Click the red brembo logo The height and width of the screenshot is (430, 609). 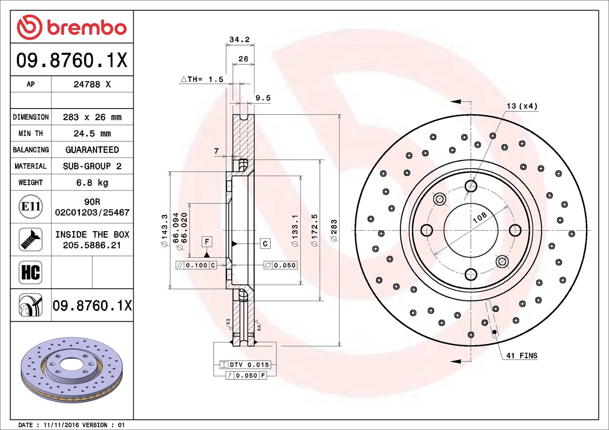point(71,27)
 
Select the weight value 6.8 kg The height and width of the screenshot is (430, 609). point(92,183)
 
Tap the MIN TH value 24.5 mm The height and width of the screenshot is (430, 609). point(92,133)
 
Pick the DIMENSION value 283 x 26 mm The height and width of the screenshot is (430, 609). point(92,117)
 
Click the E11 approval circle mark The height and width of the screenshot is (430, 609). point(31,206)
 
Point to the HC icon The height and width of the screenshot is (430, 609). point(31,272)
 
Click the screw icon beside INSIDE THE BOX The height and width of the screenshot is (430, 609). point(31,240)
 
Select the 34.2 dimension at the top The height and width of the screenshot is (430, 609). point(239,39)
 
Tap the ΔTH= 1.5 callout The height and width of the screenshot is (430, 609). point(202,79)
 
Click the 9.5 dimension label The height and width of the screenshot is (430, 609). point(263,98)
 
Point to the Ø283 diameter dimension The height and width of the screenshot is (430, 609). point(334,230)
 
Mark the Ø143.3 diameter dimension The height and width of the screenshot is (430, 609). point(164,230)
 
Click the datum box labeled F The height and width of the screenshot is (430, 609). point(207,241)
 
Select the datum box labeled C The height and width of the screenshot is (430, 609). point(265,244)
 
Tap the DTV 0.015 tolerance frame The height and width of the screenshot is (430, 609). point(245,365)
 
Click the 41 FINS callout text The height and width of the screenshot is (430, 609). point(521,355)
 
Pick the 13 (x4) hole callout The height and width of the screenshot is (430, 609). point(522,106)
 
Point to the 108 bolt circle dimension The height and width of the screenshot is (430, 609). point(480,218)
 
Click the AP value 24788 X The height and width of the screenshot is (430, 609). point(92,84)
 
